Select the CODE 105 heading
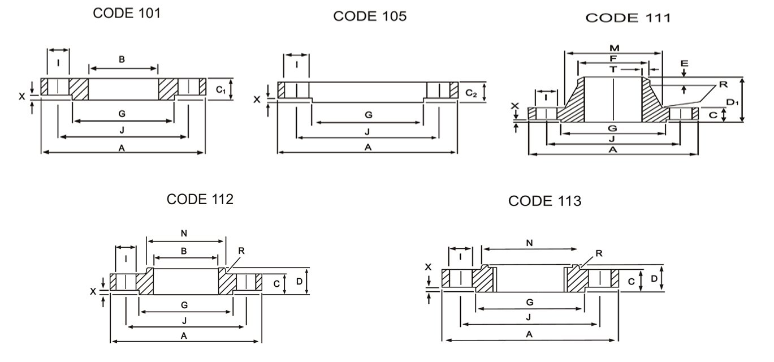(x=369, y=16)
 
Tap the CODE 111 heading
(x=628, y=18)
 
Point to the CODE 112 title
(x=200, y=199)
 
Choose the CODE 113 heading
(x=544, y=201)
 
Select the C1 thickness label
(x=222, y=89)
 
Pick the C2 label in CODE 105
(x=471, y=92)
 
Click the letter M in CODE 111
(x=613, y=48)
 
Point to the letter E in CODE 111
(x=684, y=63)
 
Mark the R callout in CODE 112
(x=243, y=251)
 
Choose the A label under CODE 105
(x=367, y=147)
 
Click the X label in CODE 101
(x=22, y=97)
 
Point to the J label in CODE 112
(x=185, y=321)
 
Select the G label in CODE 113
(x=529, y=303)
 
